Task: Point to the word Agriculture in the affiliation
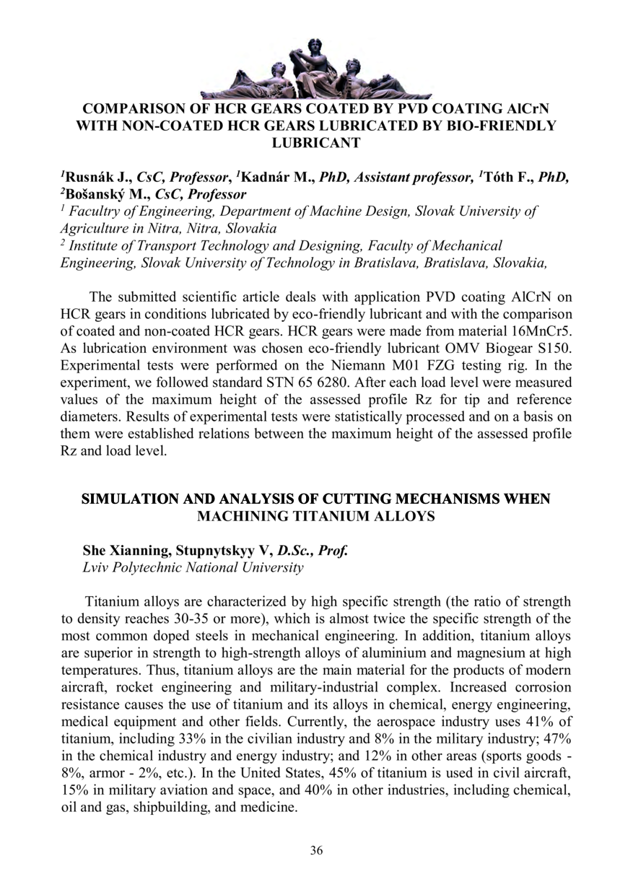93,228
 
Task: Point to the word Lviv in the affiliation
98,568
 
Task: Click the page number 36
316,850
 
